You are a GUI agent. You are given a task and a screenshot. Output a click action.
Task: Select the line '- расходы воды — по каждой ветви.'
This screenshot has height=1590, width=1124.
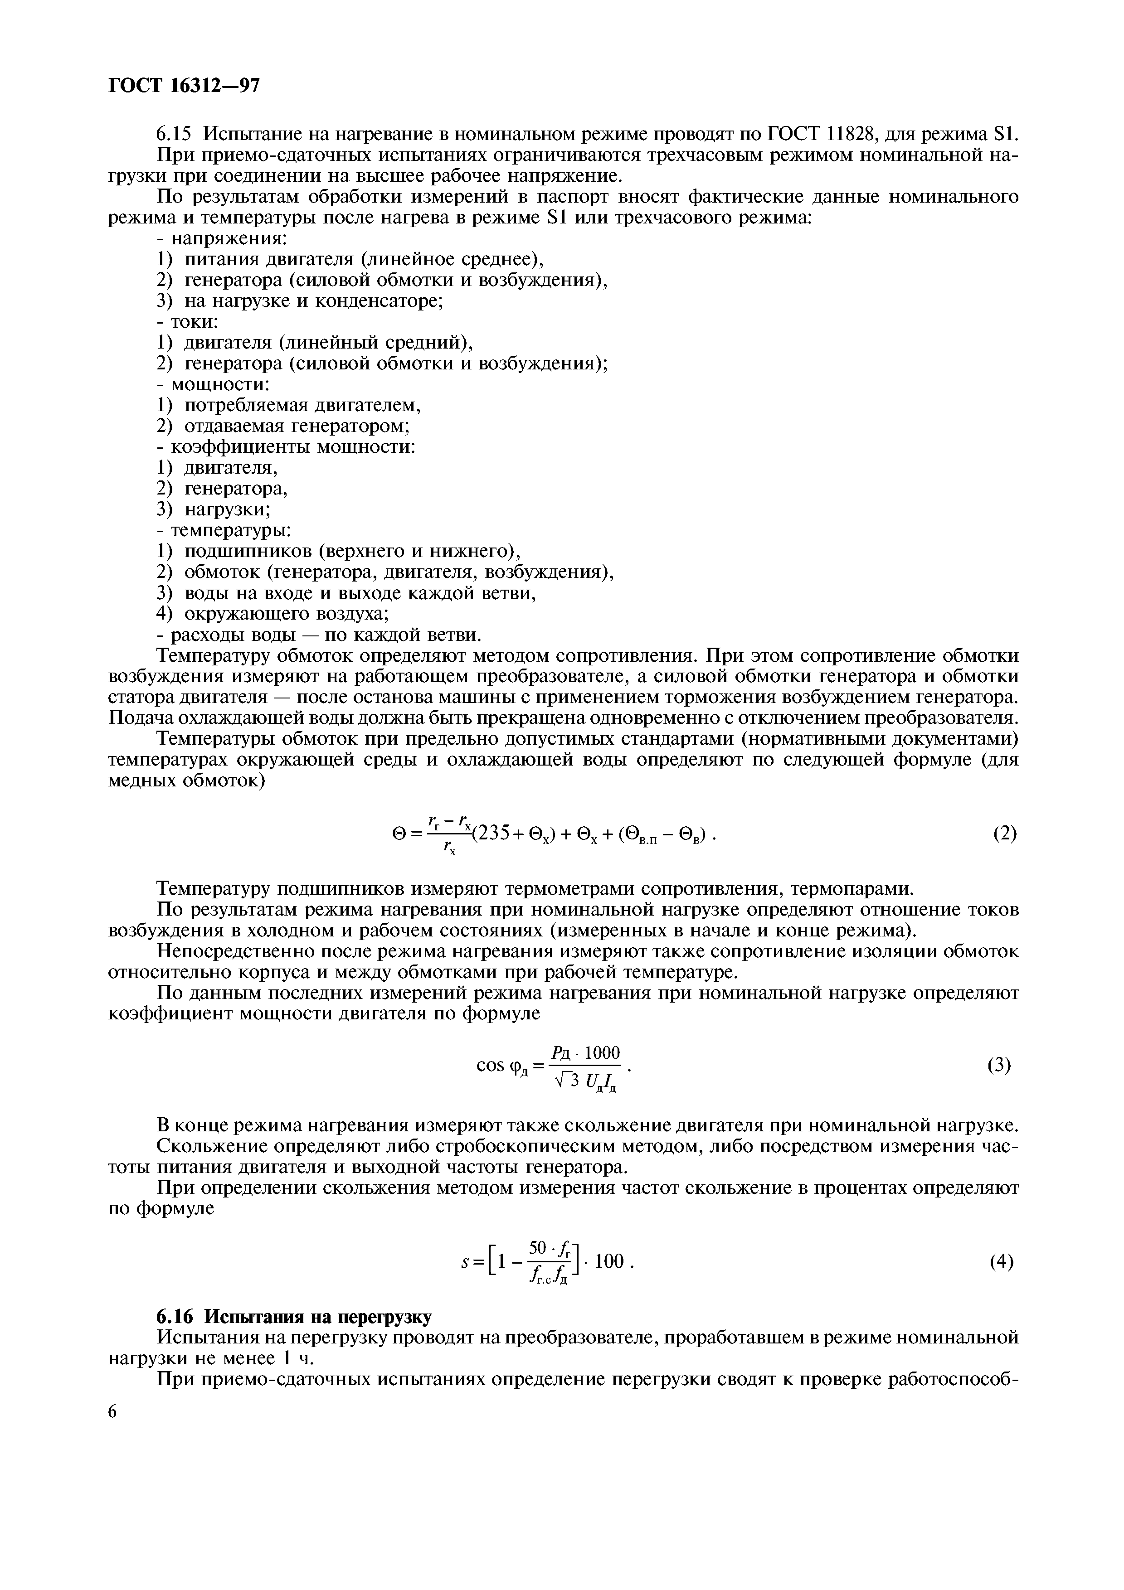click(319, 635)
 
